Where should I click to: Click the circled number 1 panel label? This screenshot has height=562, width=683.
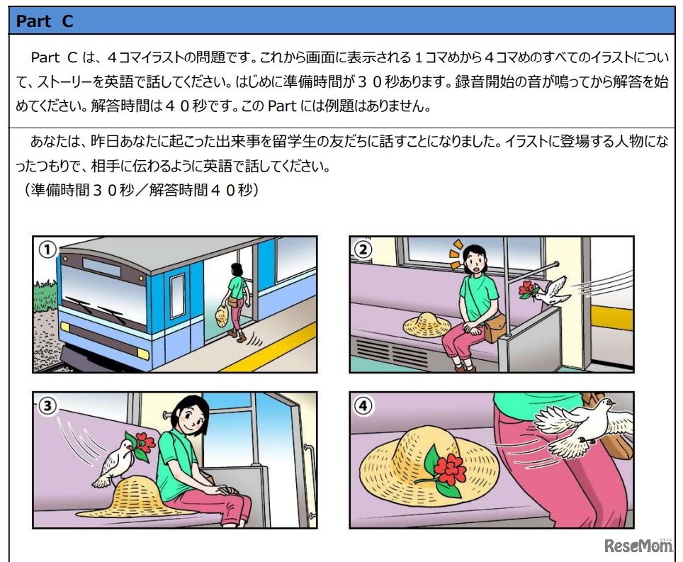(x=47, y=250)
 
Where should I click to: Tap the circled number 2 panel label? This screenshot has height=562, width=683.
(x=363, y=250)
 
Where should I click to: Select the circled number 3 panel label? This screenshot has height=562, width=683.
(x=47, y=406)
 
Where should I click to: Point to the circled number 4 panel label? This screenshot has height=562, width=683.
(x=363, y=406)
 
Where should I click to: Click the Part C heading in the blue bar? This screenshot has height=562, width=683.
(x=45, y=21)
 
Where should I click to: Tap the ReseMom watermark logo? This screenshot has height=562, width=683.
(x=638, y=545)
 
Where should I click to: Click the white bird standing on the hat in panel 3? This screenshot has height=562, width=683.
(x=112, y=463)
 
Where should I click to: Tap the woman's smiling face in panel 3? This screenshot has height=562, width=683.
(x=193, y=417)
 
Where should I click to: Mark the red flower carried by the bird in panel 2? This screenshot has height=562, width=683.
(x=526, y=289)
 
